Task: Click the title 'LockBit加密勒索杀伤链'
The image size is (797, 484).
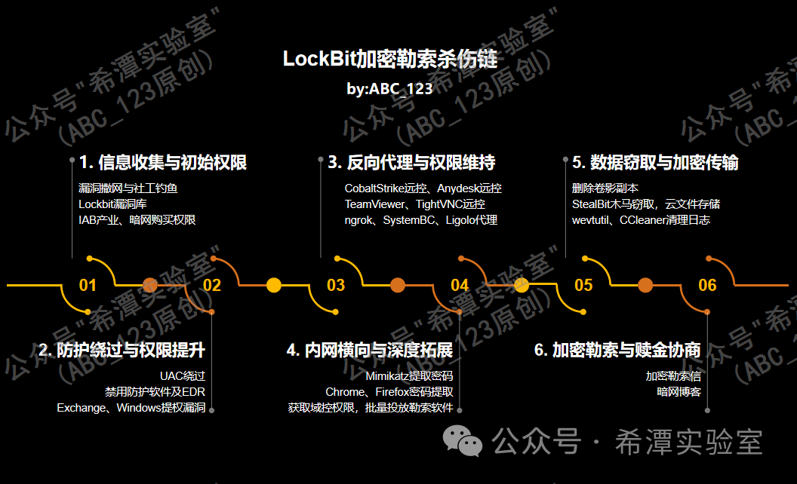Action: click(390, 59)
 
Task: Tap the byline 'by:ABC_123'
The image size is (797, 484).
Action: click(390, 88)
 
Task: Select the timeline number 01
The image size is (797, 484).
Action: click(88, 285)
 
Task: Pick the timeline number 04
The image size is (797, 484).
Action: click(460, 285)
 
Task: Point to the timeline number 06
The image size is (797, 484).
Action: click(707, 285)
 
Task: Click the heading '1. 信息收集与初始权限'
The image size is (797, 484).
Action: click(163, 162)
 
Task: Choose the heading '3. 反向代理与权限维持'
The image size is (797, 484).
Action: click(411, 162)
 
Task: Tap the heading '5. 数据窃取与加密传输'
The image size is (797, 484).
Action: click(655, 162)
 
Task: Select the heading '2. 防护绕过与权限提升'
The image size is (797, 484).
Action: click(122, 350)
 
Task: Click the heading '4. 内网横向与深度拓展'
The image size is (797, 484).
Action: click(370, 350)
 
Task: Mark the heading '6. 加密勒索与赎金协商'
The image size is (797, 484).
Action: click(617, 350)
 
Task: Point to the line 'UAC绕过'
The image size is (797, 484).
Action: click(183, 375)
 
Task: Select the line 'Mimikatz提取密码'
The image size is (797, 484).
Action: click(409, 375)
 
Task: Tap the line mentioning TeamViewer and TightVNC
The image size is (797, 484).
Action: click(415, 204)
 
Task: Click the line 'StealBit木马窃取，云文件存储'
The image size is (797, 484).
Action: click(646, 204)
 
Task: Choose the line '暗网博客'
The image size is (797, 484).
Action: click(679, 392)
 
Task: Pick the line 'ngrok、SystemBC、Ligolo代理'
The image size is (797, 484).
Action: click(421, 220)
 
